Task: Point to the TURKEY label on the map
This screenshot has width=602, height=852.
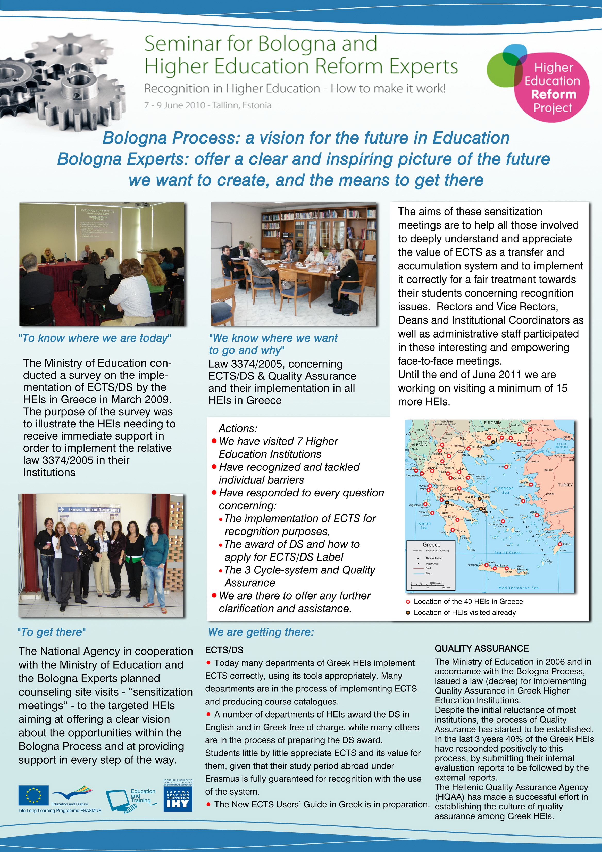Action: (x=565, y=485)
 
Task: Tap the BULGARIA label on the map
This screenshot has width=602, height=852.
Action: (x=492, y=423)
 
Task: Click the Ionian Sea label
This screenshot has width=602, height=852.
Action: (x=424, y=525)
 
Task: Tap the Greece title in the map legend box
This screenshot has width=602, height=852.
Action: (x=431, y=544)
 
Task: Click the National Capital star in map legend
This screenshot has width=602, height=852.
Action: (x=418, y=558)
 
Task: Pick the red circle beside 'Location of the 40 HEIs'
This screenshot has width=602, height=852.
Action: (x=408, y=602)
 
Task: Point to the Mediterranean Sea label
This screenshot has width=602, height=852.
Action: (x=518, y=588)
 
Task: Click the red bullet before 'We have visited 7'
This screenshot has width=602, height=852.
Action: (x=214, y=441)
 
